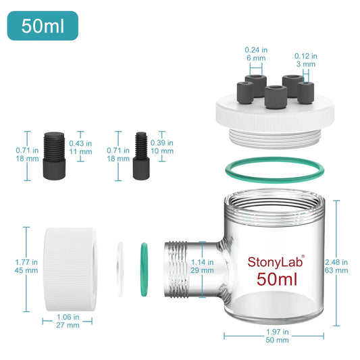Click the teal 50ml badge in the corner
coord(43,26)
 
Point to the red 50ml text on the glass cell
coord(277,279)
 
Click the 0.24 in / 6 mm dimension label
coord(256,54)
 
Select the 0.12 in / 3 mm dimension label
coord(306,60)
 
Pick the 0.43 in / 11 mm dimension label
coord(80,147)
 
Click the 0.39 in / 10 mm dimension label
coord(162,147)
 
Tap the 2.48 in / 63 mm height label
coord(336,266)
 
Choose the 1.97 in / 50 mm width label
coord(277,336)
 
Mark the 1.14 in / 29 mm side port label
coord(202,266)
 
